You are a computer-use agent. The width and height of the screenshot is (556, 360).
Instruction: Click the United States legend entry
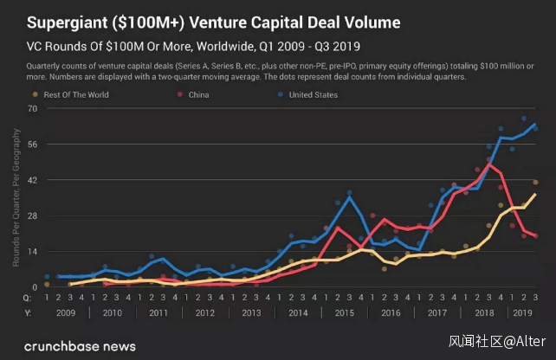click(313, 94)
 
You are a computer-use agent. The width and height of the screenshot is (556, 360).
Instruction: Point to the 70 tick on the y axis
click(32, 108)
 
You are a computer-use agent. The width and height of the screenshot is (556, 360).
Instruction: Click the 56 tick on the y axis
click(32, 144)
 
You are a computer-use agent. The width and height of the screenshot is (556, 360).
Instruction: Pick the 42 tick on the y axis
click(32, 180)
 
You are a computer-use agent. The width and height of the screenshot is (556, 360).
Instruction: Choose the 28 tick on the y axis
click(32, 215)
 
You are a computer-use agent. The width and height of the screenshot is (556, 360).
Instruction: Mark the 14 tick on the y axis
click(32, 251)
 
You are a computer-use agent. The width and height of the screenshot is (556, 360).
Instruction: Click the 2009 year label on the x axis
click(66, 312)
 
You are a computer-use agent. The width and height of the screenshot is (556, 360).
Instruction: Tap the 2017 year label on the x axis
click(437, 312)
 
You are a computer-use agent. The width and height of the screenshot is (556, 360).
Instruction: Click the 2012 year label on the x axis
click(205, 312)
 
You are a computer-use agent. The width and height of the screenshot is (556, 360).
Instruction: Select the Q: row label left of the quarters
click(28, 297)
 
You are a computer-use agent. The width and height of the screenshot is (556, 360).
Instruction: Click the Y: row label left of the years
click(28, 312)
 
